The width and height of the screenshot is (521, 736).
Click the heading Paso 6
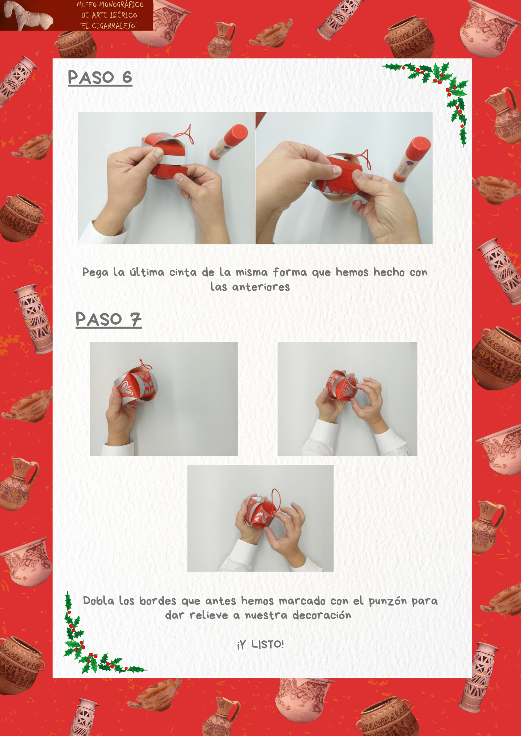[x=100, y=78]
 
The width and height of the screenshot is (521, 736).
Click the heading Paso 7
[x=109, y=319]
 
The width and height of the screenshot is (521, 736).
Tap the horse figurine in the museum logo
[x=27, y=15]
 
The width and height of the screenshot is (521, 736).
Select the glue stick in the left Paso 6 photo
[x=229, y=142]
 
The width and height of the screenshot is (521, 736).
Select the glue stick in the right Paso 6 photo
[x=412, y=159]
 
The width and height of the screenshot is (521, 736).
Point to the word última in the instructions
[x=147, y=272]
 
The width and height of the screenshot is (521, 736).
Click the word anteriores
[x=261, y=287]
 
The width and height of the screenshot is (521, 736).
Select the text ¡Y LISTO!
[x=260, y=644]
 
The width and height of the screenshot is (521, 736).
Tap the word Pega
[x=95, y=273]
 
